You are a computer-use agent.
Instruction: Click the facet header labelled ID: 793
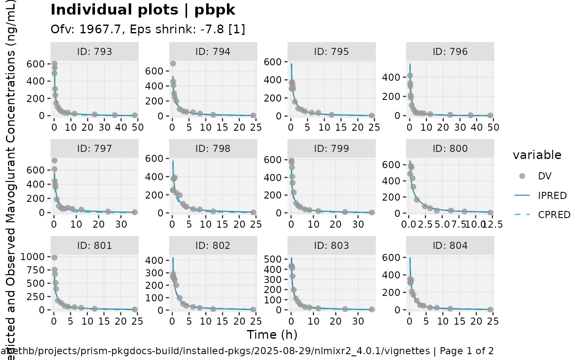point(95,52)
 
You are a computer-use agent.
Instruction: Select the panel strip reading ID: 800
point(450,149)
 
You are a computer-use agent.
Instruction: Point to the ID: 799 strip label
point(331,149)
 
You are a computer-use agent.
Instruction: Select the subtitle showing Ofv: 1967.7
point(148,30)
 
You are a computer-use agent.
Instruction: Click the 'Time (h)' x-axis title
point(272,335)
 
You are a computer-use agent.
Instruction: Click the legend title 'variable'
point(537,155)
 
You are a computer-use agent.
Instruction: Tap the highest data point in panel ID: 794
point(173,63)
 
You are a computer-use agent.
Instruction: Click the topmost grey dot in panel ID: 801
point(54,258)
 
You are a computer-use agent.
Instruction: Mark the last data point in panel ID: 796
point(490,115)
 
